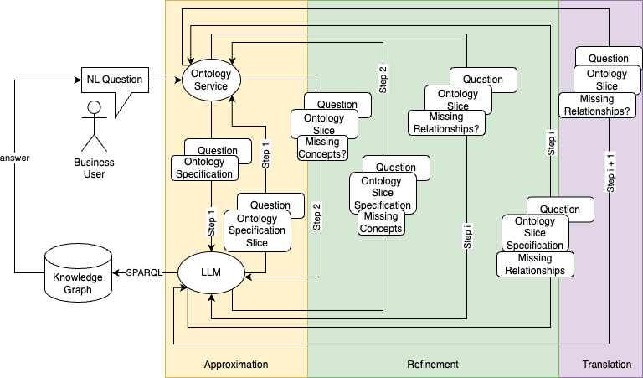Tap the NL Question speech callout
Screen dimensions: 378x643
(x=114, y=80)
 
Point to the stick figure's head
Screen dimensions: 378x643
(x=94, y=108)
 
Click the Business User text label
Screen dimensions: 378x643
(x=94, y=168)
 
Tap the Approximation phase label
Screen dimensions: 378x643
(x=236, y=365)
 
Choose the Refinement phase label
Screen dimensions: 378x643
(x=433, y=365)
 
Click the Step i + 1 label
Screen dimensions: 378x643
(x=610, y=173)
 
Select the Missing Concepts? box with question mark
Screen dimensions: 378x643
(x=318, y=148)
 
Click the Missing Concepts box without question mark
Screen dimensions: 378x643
(x=381, y=223)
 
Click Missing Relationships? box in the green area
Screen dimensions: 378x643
(x=447, y=123)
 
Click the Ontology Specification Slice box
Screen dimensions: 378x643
(x=257, y=231)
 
